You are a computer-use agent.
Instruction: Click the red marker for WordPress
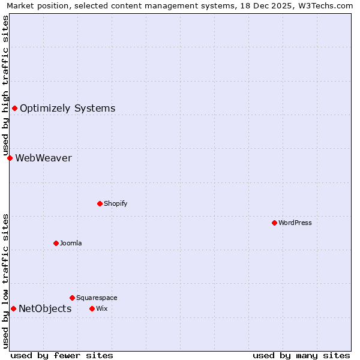[x=274, y=223]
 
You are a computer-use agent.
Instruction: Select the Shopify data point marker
[x=100, y=203]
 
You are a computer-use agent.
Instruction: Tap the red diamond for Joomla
[x=56, y=243]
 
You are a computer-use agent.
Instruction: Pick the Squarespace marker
[x=72, y=298]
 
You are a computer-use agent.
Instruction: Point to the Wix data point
[x=92, y=308]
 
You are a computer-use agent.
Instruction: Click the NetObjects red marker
[x=13, y=308]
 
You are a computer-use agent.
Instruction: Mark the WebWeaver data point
[x=10, y=158]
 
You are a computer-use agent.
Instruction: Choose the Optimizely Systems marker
[x=14, y=108]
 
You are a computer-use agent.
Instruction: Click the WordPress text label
[x=295, y=223]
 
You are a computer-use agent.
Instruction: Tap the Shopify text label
[x=116, y=203]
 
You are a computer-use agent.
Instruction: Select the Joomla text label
[x=71, y=243]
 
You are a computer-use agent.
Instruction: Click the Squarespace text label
[x=97, y=298]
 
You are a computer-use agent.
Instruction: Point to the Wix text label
[x=101, y=308]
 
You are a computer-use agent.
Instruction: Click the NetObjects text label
[x=45, y=308]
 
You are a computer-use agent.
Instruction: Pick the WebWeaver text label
[x=43, y=158]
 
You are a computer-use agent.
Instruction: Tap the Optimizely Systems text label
[x=67, y=108]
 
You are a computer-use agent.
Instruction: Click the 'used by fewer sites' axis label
[x=62, y=355]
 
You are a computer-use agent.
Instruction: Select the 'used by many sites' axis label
[x=301, y=355]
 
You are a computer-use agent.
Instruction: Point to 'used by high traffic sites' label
[x=6, y=85]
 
